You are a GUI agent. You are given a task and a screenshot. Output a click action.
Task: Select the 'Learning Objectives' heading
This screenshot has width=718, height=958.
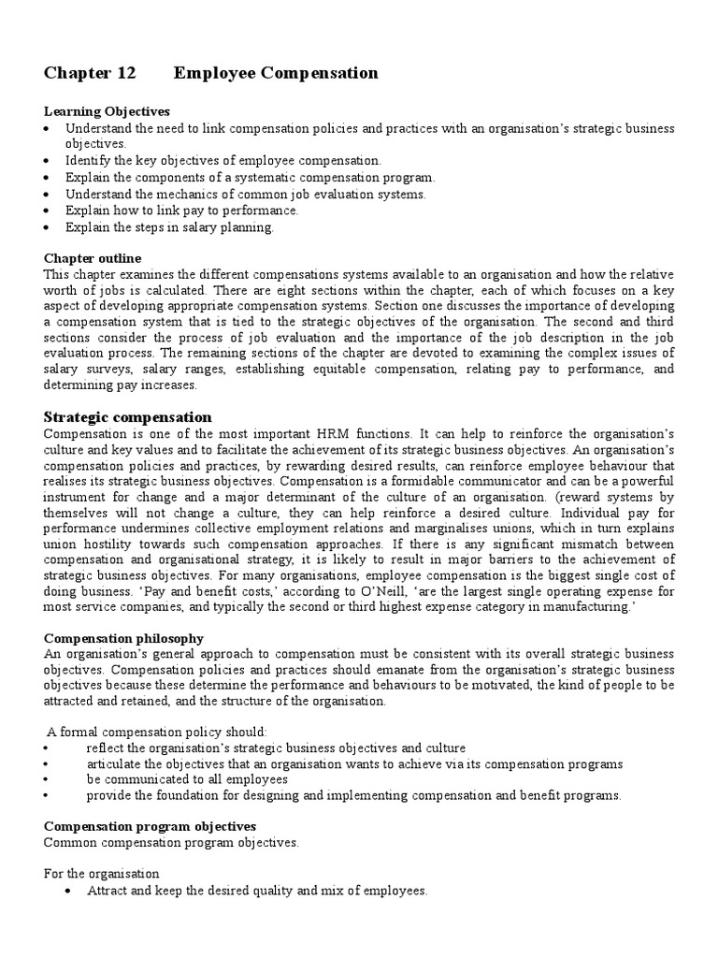click(107, 111)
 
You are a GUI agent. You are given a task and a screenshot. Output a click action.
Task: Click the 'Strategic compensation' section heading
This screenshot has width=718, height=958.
click(128, 417)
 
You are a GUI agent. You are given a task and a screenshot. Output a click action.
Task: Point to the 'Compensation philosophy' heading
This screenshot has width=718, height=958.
click(123, 638)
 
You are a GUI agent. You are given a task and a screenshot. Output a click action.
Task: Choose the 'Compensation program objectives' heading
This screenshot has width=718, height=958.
click(150, 827)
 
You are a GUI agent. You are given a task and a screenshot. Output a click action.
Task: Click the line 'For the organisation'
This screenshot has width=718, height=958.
click(102, 874)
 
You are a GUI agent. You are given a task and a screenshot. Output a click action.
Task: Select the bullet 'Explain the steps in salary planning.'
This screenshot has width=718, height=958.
click(169, 227)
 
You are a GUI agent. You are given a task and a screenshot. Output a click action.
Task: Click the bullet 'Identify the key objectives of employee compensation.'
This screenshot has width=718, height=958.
click(223, 161)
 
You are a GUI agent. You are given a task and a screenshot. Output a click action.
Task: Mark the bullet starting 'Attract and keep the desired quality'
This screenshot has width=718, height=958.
click(256, 892)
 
